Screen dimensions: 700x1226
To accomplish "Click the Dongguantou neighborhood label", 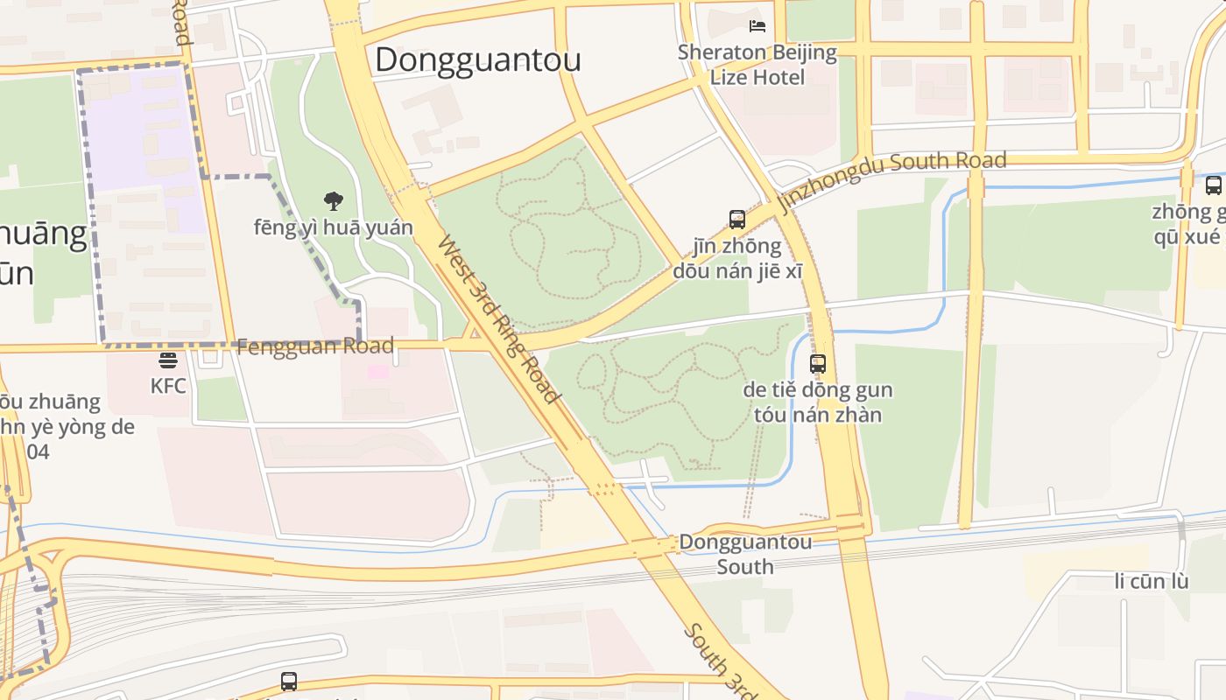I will [478, 59].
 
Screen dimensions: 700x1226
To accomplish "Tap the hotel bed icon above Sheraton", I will [757, 25].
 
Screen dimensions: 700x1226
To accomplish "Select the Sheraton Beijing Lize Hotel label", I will [757, 65].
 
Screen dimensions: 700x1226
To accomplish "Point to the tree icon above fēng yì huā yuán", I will [333, 201].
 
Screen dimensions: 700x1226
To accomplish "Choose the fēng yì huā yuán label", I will [334, 227].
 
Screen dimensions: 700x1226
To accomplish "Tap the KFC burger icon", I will [168, 360].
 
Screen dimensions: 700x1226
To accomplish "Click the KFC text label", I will [168, 385].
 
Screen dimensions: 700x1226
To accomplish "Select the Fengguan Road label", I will [315, 346].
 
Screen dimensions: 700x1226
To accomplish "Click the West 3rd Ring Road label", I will [498, 319].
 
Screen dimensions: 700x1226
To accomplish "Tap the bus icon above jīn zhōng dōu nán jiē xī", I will [737, 219].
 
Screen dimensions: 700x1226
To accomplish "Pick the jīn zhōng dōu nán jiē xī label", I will [737, 258].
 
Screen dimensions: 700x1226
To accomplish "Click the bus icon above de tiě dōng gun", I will [818, 363].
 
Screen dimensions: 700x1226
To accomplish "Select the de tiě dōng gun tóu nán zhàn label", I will [818, 402].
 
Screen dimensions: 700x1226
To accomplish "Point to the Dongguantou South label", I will [745, 554].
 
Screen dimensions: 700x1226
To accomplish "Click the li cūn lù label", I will [1152, 581].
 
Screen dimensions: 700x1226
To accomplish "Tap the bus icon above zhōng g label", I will [1213, 185].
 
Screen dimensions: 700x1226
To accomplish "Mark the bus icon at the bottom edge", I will [289, 681].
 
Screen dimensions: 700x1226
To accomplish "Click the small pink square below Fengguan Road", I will [377, 372].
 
